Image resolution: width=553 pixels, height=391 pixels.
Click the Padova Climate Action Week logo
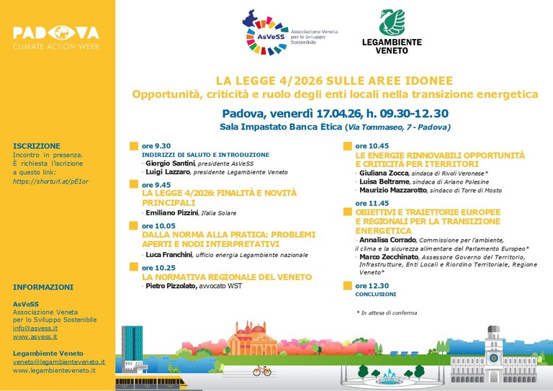(55, 37)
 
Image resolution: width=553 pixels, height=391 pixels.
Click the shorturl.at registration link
(42, 181)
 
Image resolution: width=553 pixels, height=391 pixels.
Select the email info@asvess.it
(35, 328)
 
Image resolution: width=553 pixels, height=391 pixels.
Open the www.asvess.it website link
(35, 336)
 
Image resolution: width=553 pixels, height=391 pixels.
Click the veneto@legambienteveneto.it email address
(59, 361)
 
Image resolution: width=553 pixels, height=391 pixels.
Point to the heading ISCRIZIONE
(37, 145)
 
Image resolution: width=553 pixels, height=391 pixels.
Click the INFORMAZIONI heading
(43, 287)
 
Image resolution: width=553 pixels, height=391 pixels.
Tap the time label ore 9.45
(157, 184)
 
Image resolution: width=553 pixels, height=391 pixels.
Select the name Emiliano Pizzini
(171, 213)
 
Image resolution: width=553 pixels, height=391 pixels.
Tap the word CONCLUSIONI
(375, 295)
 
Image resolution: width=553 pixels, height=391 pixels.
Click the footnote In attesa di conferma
(386, 313)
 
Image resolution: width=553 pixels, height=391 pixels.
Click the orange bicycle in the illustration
(261, 370)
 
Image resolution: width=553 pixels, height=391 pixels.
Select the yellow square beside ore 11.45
(348, 204)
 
